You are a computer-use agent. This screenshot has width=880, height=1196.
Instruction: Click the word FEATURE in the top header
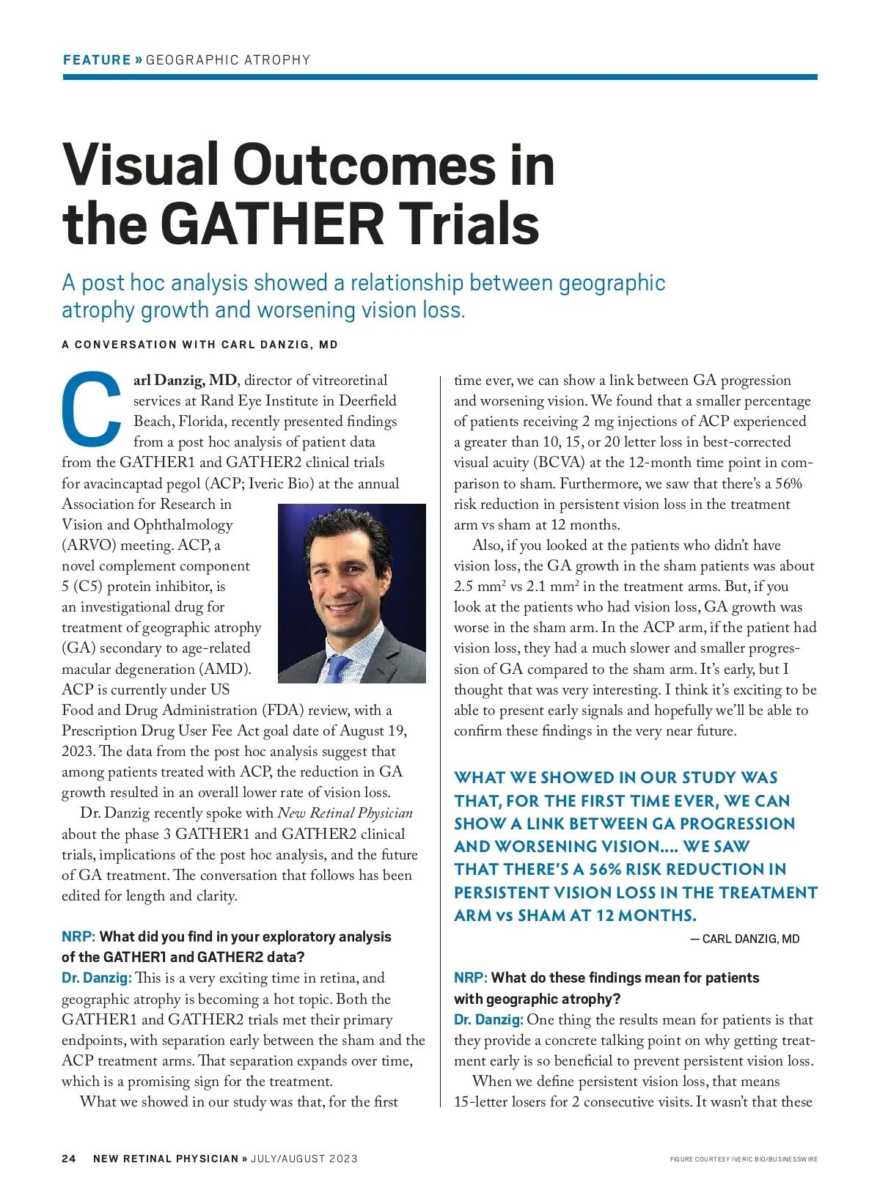[96, 60]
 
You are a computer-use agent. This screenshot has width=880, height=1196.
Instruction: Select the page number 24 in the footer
[69, 1159]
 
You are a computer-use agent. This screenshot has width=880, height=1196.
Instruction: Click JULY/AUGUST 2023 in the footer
[304, 1159]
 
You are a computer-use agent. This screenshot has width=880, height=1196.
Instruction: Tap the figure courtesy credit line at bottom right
[744, 1159]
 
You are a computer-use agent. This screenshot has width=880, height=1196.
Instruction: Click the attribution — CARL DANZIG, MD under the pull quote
[744, 939]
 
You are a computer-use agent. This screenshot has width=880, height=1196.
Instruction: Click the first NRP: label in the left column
[78, 936]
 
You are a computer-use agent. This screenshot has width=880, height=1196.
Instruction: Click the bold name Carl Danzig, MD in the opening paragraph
[186, 380]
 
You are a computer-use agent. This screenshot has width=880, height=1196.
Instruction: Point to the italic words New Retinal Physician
[345, 813]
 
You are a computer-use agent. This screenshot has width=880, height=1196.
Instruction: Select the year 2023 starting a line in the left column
[78, 752]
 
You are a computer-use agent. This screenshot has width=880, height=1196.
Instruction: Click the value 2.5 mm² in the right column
[480, 587]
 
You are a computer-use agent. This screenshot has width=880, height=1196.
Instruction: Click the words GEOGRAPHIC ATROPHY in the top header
[228, 60]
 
